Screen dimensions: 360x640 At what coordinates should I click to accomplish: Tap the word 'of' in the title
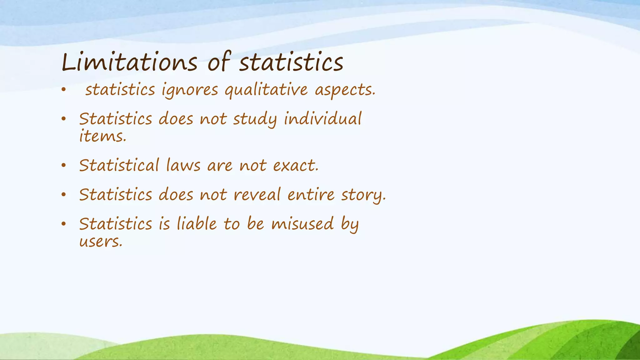219,62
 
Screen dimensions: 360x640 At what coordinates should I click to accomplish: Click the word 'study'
255,119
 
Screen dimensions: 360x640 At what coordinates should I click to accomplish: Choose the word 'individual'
322,119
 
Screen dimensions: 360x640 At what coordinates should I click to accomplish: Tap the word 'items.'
102,137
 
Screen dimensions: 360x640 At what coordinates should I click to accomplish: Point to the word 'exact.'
296,166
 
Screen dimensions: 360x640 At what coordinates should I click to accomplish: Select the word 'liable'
197,224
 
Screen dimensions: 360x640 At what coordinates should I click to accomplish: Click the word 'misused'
302,224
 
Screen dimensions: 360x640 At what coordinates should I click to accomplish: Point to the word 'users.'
101,242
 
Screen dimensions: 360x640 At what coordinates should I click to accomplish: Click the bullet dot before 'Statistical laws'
64,166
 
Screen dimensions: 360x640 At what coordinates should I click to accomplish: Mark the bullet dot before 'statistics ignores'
64,90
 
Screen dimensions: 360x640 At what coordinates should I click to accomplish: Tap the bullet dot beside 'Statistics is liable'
64,224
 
